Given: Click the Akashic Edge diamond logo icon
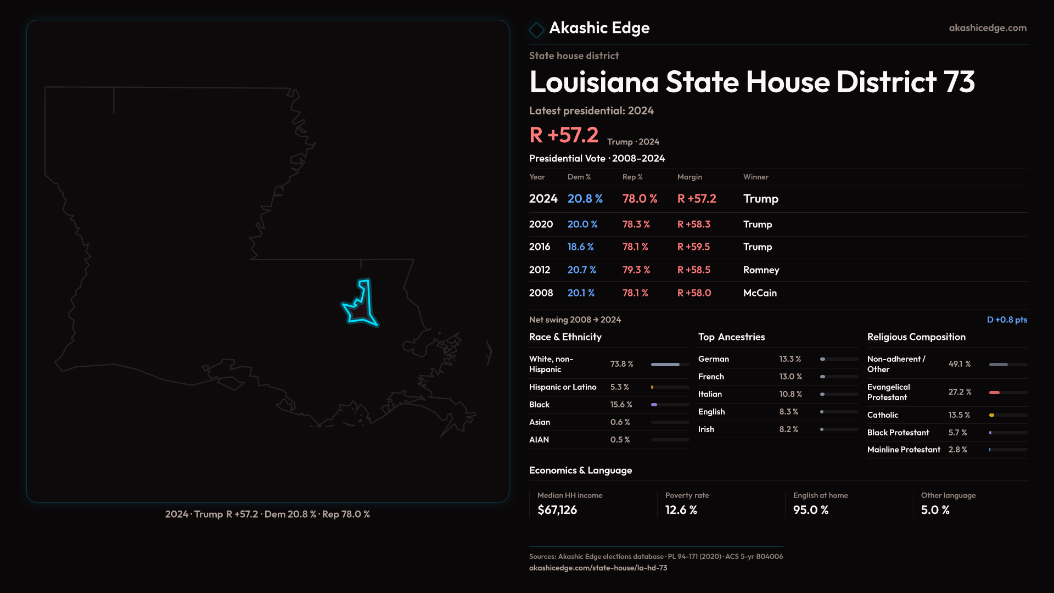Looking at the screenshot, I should pyautogui.click(x=536, y=30).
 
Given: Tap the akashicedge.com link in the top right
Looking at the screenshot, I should pyautogui.click(x=988, y=28).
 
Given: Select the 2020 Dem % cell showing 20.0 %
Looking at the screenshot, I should pyautogui.click(x=582, y=225).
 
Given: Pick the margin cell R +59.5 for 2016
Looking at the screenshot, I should pyautogui.click(x=693, y=247).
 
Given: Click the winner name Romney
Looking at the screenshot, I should pyautogui.click(x=761, y=270).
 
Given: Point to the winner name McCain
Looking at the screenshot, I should pyautogui.click(x=760, y=293).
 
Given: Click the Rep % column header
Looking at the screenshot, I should pyautogui.click(x=632, y=177).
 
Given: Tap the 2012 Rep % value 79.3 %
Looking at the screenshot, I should pyautogui.click(x=636, y=270).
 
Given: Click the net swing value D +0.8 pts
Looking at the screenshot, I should pyautogui.click(x=1007, y=320).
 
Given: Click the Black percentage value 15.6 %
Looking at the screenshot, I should pyautogui.click(x=621, y=405).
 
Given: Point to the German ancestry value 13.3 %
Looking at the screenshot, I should pyautogui.click(x=790, y=359).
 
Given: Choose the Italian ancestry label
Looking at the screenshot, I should pyautogui.click(x=710, y=394).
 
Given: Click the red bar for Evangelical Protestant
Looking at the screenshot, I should pyautogui.click(x=995, y=393).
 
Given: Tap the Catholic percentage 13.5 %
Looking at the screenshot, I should pyautogui.click(x=959, y=415).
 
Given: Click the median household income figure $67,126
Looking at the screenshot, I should pyautogui.click(x=557, y=510).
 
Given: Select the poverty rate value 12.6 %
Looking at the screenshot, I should pyautogui.click(x=681, y=510).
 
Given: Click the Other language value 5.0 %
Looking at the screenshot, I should pyautogui.click(x=935, y=510).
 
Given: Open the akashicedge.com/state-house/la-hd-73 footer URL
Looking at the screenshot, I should pyautogui.click(x=598, y=568).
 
